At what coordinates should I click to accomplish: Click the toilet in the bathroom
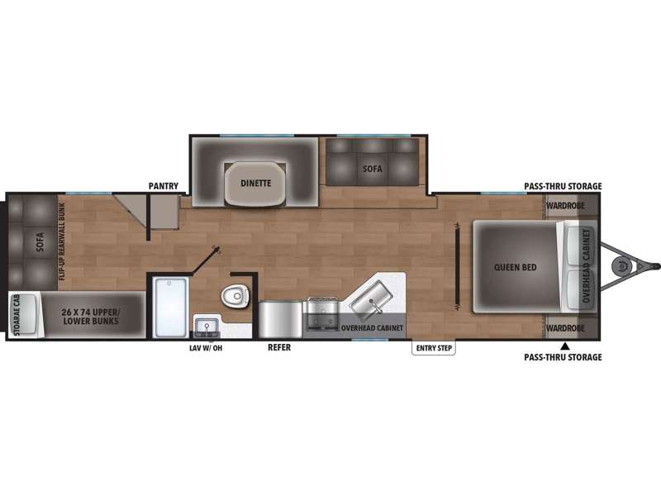click(235, 296)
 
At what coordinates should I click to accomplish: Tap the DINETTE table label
click(256, 184)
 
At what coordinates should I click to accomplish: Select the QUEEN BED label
click(515, 267)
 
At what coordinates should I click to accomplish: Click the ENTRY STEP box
click(434, 348)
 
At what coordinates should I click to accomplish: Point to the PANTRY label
click(164, 186)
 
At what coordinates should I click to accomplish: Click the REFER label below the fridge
click(279, 347)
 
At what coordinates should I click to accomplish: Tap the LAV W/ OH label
click(206, 348)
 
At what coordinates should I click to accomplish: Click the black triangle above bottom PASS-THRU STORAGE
click(565, 346)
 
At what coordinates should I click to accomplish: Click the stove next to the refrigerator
click(323, 314)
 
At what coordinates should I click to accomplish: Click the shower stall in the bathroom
click(171, 307)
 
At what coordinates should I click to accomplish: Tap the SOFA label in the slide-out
click(373, 169)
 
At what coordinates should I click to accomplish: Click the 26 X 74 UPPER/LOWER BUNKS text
click(91, 317)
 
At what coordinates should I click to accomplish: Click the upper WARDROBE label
click(566, 206)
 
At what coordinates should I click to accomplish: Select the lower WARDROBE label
click(566, 328)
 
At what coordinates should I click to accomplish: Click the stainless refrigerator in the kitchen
click(280, 319)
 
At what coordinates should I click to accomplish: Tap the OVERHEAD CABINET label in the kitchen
click(373, 327)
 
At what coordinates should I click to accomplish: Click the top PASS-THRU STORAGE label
click(563, 186)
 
